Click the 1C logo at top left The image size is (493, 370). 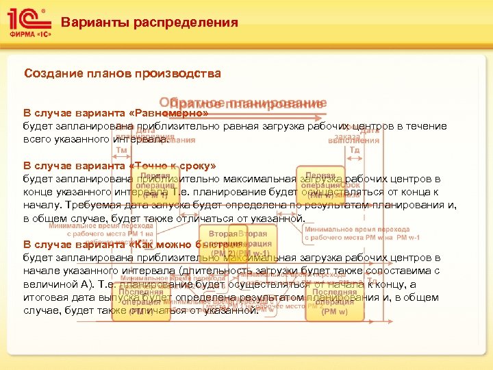click(x=27, y=18)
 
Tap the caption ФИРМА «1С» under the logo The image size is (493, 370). click(x=27, y=33)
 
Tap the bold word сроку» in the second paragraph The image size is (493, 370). click(x=193, y=166)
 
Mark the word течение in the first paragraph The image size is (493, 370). click(x=428, y=127)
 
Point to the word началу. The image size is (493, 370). click(x=43, y=205)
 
